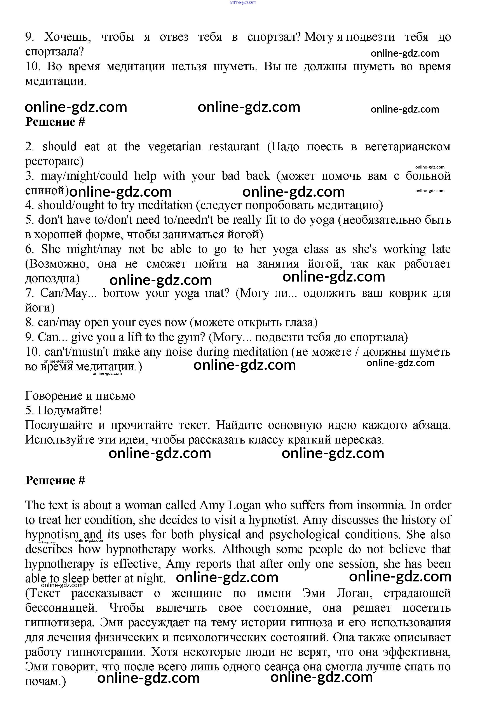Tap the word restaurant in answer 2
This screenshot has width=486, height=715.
(x=234, y=146)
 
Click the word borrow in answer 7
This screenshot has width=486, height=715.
(x=121, y=293)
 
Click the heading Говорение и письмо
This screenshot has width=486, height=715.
(x=80, y=396)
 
